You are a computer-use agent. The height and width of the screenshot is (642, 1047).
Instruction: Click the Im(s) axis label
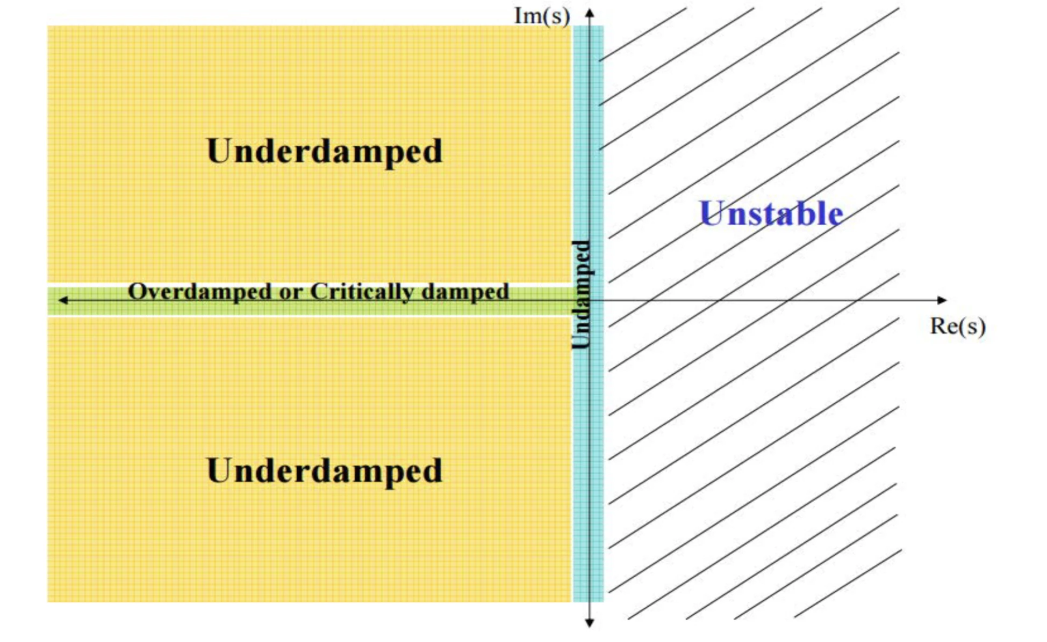[542, 16]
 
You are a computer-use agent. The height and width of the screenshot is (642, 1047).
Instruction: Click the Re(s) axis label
[958, 326]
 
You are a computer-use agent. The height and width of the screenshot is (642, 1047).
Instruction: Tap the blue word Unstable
[771, 213]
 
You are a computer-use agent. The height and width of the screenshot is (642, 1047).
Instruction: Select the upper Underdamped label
[325, 151]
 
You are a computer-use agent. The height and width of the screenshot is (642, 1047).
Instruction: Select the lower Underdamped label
[325, 470]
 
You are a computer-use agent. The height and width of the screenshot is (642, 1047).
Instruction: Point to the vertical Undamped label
[582, 295]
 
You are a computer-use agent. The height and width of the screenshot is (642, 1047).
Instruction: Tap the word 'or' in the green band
[291, 294]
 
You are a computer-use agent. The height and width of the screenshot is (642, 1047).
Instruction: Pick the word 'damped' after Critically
[465, 292]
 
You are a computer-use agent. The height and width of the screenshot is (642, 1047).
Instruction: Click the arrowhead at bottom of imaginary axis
[590, 623]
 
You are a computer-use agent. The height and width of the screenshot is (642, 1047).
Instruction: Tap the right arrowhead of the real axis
[942, 300]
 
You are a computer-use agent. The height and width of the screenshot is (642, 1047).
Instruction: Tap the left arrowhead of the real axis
[63, 300]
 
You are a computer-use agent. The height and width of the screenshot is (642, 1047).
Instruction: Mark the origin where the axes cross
[590, 300]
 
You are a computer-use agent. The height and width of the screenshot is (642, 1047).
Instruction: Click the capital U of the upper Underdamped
[220, 151]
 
